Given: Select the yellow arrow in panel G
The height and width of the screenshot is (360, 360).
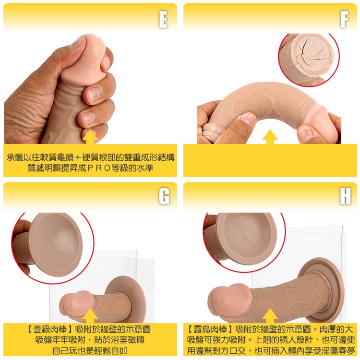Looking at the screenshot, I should point(90,315).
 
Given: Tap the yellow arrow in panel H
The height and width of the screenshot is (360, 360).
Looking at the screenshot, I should point(270,315).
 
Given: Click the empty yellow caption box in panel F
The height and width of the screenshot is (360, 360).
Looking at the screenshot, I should point(270,161).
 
